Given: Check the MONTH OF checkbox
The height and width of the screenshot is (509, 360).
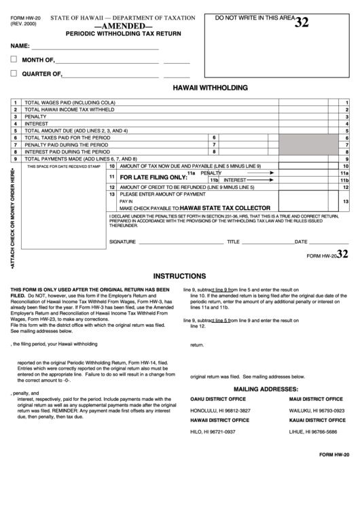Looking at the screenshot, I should point(14,59).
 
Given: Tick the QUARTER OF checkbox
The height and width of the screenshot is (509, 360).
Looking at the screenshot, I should point(14,73).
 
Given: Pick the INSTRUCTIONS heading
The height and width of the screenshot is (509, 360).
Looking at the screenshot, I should point(179,277).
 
